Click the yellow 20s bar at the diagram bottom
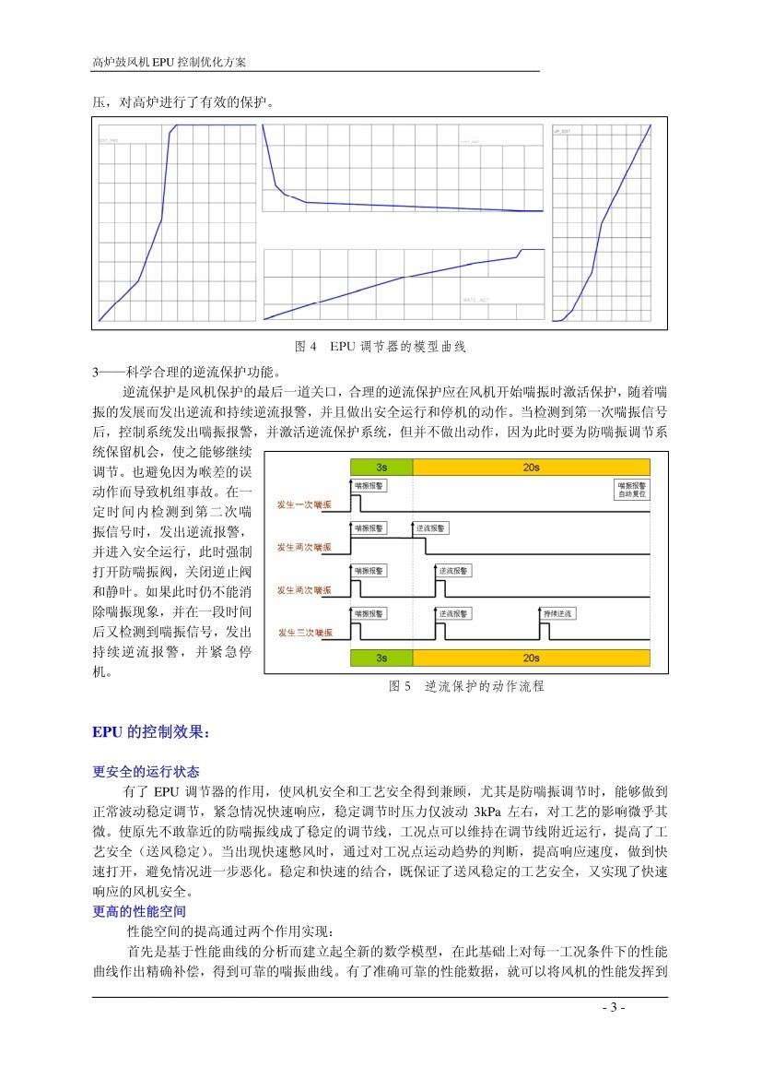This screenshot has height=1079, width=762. (x=530, y=658)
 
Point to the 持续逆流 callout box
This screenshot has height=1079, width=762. (x=557, y=613)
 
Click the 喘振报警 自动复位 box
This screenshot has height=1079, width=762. (x=631, y=489)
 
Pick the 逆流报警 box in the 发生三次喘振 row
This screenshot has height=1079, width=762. (x=454, y=613)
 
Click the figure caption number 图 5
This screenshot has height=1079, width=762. (x=400, y=687)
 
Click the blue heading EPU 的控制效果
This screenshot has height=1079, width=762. (x=151, y=733)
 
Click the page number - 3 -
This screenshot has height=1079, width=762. (x=613, y=1008)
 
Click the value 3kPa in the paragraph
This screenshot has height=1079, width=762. (x=487, y=811)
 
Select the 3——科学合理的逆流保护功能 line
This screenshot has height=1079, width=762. (x=184, y=373)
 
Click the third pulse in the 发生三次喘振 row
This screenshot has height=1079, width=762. (x=545, y=630)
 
